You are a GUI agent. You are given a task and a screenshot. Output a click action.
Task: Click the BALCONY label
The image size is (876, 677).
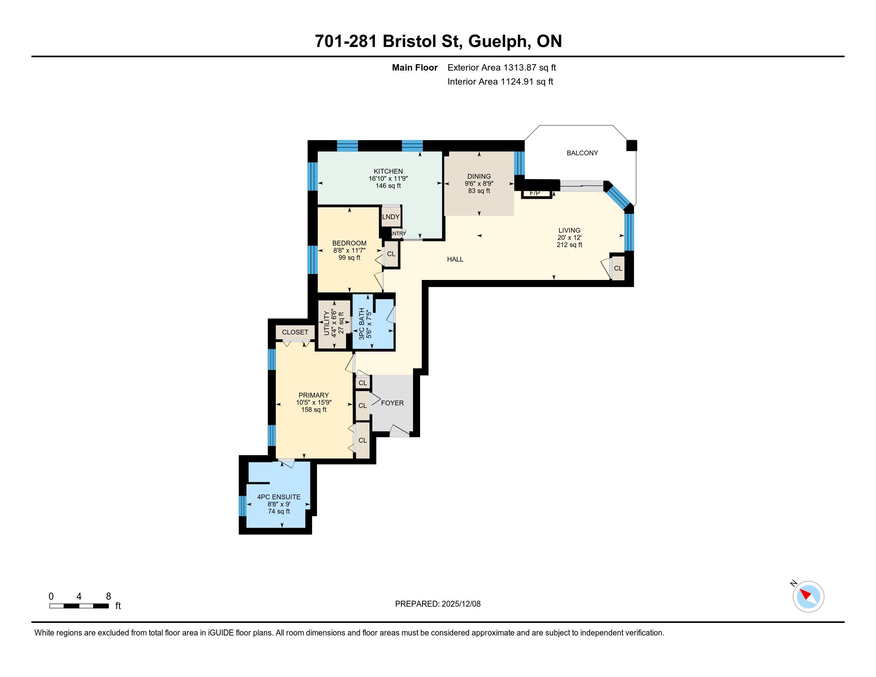[x=582, y=153]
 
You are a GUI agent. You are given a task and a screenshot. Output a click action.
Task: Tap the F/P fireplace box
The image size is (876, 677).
[x=536, y=194]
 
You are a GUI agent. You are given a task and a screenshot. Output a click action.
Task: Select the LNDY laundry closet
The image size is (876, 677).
[x=391, y=217]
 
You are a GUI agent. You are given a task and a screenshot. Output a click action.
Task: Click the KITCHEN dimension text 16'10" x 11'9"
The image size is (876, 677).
[x=388, y=178]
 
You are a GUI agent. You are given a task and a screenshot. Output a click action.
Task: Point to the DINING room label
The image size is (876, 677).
[x=479, y=176]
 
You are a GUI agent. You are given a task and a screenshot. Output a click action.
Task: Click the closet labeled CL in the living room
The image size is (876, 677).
[x=618, y=268]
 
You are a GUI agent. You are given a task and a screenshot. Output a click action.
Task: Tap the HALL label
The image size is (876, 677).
[x=455, y=259]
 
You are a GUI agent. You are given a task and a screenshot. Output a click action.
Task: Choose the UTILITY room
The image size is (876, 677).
[x=334, y=325]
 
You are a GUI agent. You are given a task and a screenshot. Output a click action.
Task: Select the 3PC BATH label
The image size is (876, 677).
[x=362, y=324]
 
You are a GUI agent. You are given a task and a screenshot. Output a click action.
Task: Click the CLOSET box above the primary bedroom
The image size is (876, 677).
[x=295, y=332]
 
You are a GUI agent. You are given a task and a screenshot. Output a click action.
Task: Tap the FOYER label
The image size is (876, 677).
[x=392, y=403]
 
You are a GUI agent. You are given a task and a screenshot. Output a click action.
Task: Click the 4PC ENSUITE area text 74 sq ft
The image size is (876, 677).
[x=279, y=511]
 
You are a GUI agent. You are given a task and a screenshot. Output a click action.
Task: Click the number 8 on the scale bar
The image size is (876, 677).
[x=108, y=597]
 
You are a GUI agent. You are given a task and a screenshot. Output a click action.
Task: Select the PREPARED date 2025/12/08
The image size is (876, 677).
[x=461, y=604]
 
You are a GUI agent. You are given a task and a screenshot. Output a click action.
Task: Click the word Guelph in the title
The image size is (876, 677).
[x=498, y=41]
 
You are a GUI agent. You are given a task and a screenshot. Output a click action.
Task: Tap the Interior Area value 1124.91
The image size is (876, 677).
[x=518, y=81]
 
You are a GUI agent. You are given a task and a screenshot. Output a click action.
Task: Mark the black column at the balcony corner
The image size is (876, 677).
[x=632, y=145]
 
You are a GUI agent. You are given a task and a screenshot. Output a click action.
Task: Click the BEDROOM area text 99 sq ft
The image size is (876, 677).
[x=349, y=258]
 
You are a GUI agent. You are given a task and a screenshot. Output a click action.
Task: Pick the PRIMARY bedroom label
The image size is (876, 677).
[x=314, y=395]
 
